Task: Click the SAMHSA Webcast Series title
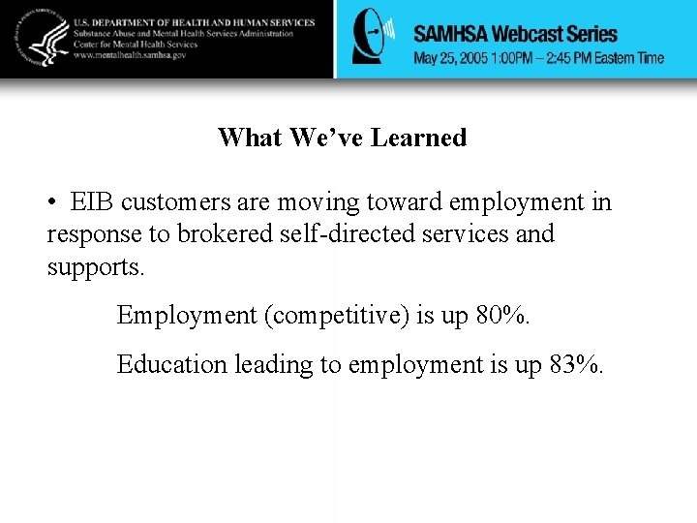click(515, 34)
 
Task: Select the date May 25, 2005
click(450, 58)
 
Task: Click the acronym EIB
click(93, 202)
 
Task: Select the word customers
click(175, 202)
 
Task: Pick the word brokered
click(225, 233)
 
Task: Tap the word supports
click(95, 265)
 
